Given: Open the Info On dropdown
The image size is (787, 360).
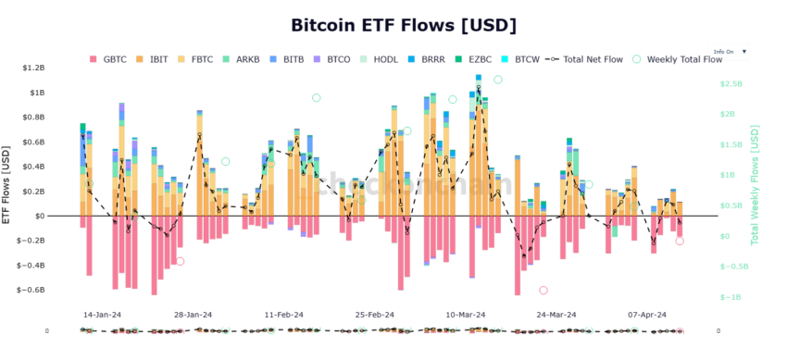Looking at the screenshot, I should point(728,51).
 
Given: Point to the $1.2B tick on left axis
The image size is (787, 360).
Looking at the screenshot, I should point(32,68).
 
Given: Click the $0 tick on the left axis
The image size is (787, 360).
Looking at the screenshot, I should point(39,216).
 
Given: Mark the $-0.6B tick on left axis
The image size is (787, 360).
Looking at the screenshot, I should point(31,290).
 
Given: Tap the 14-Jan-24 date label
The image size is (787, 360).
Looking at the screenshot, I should point(102,314).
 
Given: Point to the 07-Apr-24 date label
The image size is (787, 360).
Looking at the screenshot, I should point(647,314).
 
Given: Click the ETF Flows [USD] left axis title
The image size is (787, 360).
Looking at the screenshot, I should point(6,184).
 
